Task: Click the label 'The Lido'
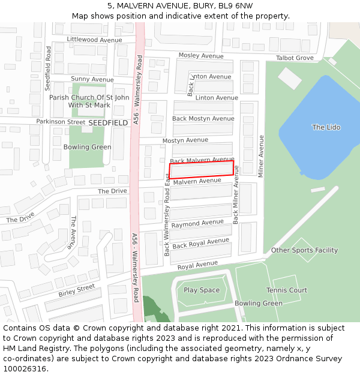tap(326, 127)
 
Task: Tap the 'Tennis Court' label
tap(287, 290)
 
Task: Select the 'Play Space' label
tap(202, 290)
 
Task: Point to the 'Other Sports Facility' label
tap(305, 250)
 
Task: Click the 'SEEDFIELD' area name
tap(108, 122)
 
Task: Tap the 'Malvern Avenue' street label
tap(197, 181)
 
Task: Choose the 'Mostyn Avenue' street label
tap(185, 140)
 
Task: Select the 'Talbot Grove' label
tap(295, 58)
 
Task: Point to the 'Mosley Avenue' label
tap(200, 56)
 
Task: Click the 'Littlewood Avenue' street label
tap(94, 40)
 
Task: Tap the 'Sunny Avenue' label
tap(92, 79)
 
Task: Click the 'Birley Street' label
tap(77, 291)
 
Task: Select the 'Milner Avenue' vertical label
tap(261, 156)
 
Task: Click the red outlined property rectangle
tap(201, 169)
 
